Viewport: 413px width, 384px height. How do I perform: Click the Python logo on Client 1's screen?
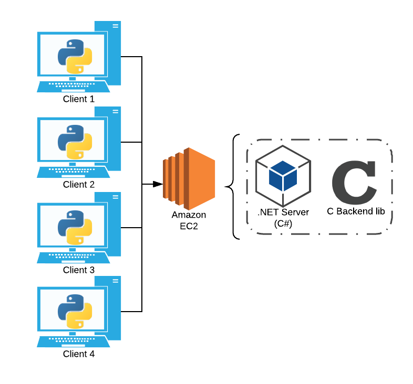coord(75,57)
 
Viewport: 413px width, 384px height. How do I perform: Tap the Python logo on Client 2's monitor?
coord(75,142)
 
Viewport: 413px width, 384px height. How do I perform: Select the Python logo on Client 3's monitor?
coord(75,228)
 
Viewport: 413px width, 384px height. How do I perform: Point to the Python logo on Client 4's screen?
coord(75,312)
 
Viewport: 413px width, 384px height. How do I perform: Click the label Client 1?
coord(78,99)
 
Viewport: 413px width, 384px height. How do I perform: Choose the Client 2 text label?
coord(78,184)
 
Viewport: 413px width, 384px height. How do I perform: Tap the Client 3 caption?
coord(78,270)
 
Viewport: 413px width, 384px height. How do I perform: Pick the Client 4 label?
coord(78,354)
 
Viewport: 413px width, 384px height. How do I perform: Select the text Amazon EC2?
coord(189,220)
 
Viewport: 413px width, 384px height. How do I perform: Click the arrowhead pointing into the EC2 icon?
coord(158,184)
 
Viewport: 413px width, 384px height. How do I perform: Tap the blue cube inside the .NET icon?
coord(283,176)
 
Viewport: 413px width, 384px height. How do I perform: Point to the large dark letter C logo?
coord(354,183)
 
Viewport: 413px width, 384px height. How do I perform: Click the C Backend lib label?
coord(356,211)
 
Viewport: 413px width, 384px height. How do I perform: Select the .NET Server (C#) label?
coord(283,218)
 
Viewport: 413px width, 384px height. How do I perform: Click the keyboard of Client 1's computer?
coord(73,87)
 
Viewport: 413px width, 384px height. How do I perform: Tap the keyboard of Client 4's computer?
coord(73,342)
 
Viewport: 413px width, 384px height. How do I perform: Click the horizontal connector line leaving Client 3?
coord(131,228)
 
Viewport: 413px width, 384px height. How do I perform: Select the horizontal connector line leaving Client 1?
coord(131,57)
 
